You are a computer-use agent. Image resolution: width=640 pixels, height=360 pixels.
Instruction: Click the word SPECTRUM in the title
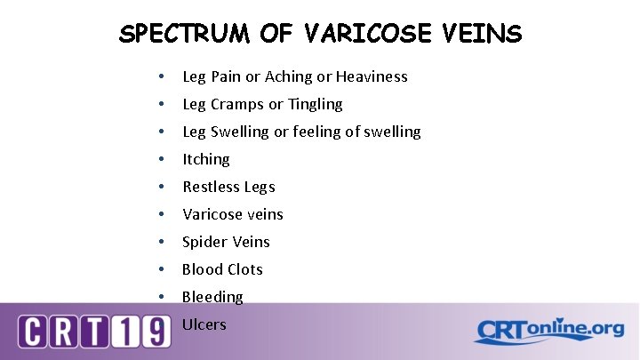click(x=188, y=35)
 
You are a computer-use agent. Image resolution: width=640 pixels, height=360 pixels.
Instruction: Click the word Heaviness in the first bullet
click(x=372, y=76)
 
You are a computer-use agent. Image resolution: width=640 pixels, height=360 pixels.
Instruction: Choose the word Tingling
click(x=315, y=104)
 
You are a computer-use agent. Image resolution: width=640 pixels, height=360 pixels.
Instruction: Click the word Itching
click(x=206, y=159)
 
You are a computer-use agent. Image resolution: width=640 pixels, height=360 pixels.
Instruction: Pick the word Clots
click(x=243, y=269)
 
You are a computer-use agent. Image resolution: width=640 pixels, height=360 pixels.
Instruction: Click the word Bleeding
click(x=212, y=297)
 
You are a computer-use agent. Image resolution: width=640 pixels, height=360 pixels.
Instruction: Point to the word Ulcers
click(x=204, y=324)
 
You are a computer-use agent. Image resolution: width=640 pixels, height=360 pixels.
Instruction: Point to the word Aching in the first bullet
click(x=284, y=76)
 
